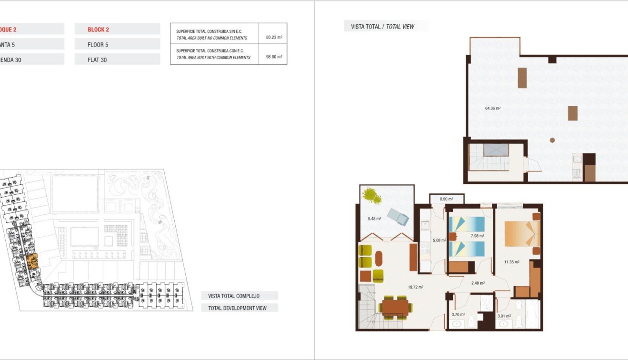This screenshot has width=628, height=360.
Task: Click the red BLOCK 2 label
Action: pos(98,30)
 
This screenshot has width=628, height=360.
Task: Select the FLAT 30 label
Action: pos(97,60)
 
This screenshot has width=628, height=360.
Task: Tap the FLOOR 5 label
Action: pos(98,45)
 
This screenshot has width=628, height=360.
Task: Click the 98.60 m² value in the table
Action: pos(274,56)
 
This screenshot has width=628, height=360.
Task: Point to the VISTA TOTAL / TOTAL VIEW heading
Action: pos(382,27)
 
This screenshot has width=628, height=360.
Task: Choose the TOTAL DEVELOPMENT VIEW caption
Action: pos(237,308)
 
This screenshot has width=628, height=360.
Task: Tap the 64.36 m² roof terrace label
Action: pos(493,109)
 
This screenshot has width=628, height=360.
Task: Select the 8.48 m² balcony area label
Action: pos(374,219)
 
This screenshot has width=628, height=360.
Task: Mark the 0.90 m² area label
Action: pos(446,199)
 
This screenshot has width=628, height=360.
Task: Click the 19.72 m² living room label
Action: pos(416,287)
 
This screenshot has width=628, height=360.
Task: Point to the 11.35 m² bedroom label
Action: pos(512,261)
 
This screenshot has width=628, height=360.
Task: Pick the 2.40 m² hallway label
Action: pos(478,283)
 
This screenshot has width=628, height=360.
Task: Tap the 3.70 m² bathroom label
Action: pos(458,315)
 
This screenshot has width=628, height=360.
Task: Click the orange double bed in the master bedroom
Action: pos(522,234)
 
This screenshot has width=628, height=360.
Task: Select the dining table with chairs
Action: pos(395,307)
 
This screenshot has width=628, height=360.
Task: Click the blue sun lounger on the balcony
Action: pos(398,217)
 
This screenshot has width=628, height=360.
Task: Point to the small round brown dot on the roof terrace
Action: pos(552,140)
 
